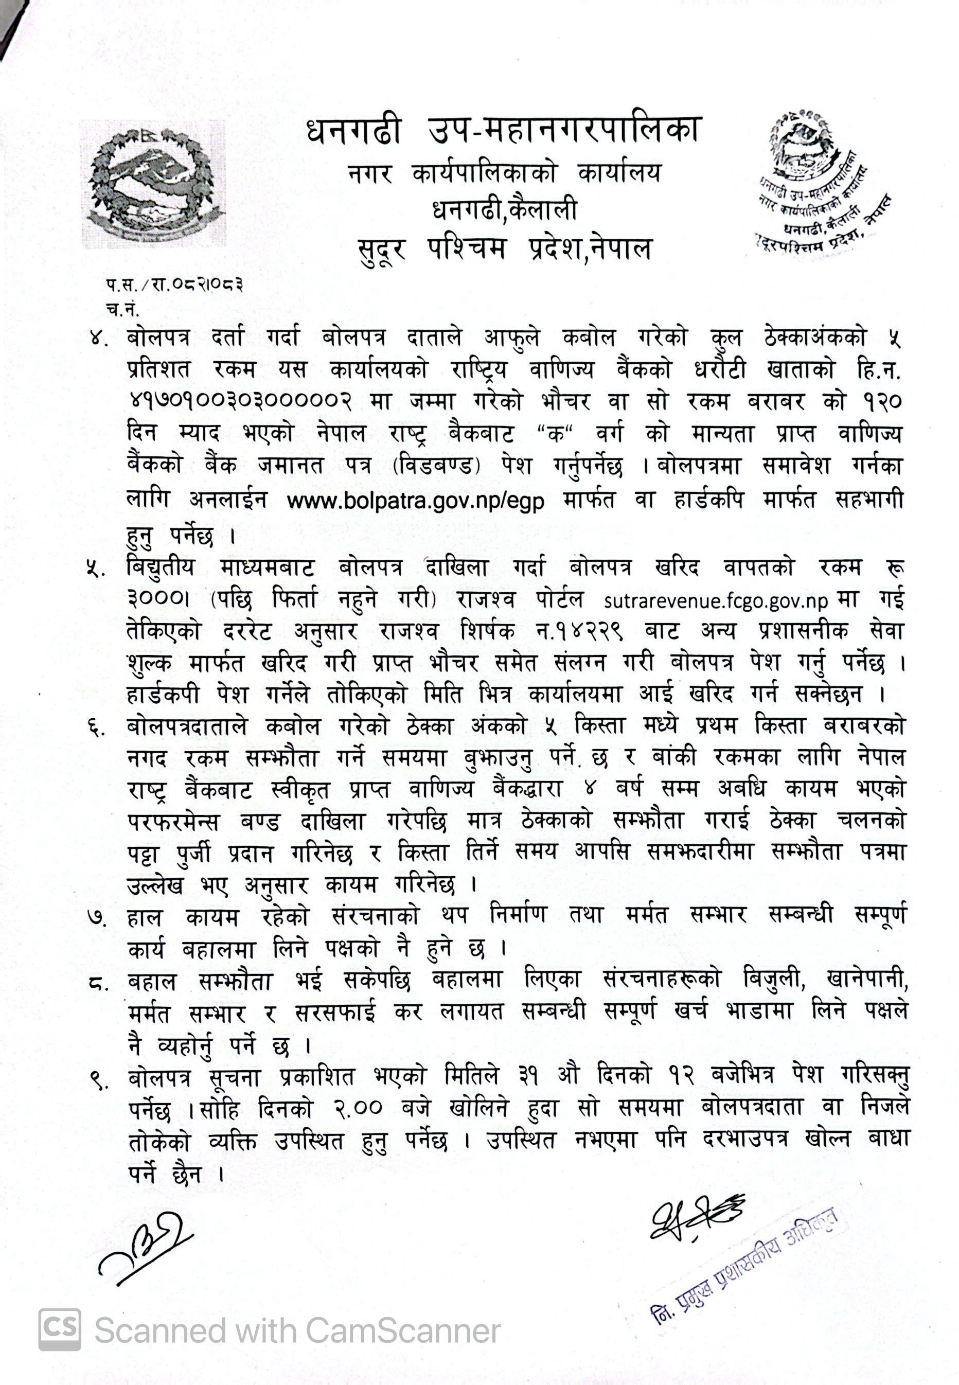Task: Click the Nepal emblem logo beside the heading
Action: [x=153, y=183]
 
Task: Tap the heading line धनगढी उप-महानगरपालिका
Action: [x=504, y=132]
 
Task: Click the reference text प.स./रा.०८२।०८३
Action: [x=174, y=284]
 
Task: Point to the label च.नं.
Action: [x=122, y=310]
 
